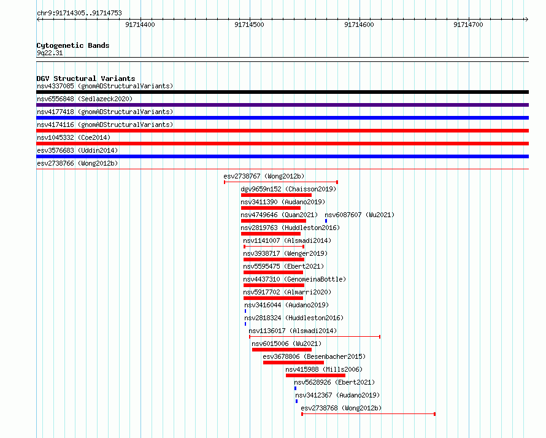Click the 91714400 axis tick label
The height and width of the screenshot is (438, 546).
coord(140,25)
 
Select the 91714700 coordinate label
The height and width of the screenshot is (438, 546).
coord(468,25)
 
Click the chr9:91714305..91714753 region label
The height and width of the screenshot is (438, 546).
coord(79,13)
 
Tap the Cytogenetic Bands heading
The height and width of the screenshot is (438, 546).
coord(73,45)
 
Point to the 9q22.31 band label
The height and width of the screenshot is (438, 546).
coord(50,53)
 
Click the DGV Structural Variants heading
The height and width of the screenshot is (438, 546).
coord(86,79)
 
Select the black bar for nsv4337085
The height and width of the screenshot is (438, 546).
coord(282,92)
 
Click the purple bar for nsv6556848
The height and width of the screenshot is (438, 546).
coord(282,105)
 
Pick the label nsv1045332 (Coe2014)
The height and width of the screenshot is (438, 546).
coord(74,137)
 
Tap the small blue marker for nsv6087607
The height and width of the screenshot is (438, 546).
coord(326,221)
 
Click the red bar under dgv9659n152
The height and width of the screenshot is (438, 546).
coord(276,195)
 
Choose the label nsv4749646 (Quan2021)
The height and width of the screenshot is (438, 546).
coord(279,215)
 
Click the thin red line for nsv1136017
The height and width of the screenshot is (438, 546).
coord(315,337)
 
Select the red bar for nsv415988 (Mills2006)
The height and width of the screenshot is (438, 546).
coord(315,375)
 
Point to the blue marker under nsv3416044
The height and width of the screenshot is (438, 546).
coord(245,311)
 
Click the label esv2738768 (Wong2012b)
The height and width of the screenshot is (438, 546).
coord(341,408)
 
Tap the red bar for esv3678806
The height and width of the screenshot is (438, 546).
coord(293,363)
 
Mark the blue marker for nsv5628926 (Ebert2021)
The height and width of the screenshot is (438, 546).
coord(295,388)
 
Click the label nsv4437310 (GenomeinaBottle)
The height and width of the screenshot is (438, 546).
coord(294,279)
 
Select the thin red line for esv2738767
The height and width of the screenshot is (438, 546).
coord(281,182)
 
